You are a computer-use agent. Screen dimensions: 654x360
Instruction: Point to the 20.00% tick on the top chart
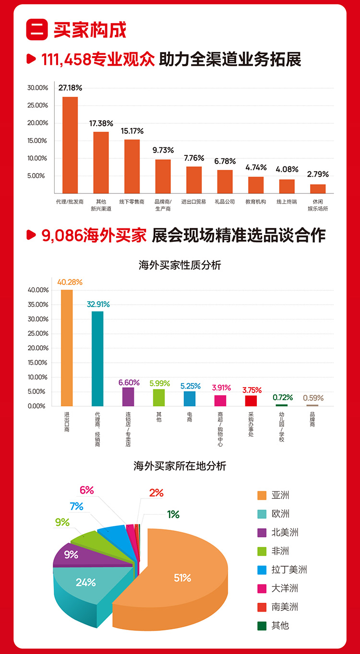[x=38, y=123]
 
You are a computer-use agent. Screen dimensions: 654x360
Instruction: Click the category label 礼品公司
[x=225, y=202]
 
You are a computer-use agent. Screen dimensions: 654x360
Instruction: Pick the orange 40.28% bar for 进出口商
[x=67, y=347]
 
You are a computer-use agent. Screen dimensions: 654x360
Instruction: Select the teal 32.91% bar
[x=97, y=358]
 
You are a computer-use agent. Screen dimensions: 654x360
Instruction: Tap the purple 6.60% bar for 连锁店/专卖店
[x=128, y=396]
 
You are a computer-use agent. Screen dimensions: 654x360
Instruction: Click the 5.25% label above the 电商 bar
[x=190, y=386]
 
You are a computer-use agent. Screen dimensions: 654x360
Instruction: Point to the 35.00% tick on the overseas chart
[x=38, y=305]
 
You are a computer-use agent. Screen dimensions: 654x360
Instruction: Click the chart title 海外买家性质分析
[x=180, y=265]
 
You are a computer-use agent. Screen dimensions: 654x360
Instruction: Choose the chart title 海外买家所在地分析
[x=180, y=465]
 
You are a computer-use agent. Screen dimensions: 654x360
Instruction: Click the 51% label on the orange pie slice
[x=182, y=578]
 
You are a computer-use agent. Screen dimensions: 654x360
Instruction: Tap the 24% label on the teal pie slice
[x=86, y=583]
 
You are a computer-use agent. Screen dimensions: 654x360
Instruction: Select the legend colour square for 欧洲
[x=262, y=514]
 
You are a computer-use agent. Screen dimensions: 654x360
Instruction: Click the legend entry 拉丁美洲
[x=289, y=570]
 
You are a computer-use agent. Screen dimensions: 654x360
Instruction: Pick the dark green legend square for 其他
[x=262, y=626]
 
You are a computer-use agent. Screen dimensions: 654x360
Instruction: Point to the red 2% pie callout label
[x=156, y=492]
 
